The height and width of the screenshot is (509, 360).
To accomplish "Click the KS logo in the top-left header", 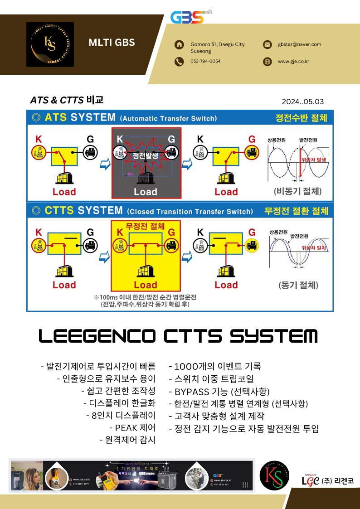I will pos(50,44).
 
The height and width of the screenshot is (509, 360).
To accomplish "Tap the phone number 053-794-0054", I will pos(205,61).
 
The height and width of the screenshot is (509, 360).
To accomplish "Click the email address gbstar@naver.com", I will pos(299,44).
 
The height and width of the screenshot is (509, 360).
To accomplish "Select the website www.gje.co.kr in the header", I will pos(293,61).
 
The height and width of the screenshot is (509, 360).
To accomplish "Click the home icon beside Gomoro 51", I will pos(179,44).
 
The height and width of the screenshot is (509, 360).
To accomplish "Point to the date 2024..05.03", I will pos(302,102).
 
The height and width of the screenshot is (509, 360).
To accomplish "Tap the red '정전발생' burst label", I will pos(146,155).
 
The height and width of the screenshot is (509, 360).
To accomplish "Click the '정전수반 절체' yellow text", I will pos(301,118).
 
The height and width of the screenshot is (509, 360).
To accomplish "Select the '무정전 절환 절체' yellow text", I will pos(296,211).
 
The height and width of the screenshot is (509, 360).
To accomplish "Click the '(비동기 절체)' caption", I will pos(298,191).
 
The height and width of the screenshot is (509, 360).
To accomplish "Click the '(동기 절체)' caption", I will pos(298,286).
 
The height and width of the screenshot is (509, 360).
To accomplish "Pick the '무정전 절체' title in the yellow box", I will pos(145,226).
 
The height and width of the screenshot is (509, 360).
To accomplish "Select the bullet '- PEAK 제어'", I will pos(132,427).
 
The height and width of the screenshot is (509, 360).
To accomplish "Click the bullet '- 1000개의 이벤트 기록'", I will pos(214,366).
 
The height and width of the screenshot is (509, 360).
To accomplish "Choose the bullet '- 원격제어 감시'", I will pos(127,440).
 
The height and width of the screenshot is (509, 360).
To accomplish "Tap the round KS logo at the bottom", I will pos(274,477).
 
